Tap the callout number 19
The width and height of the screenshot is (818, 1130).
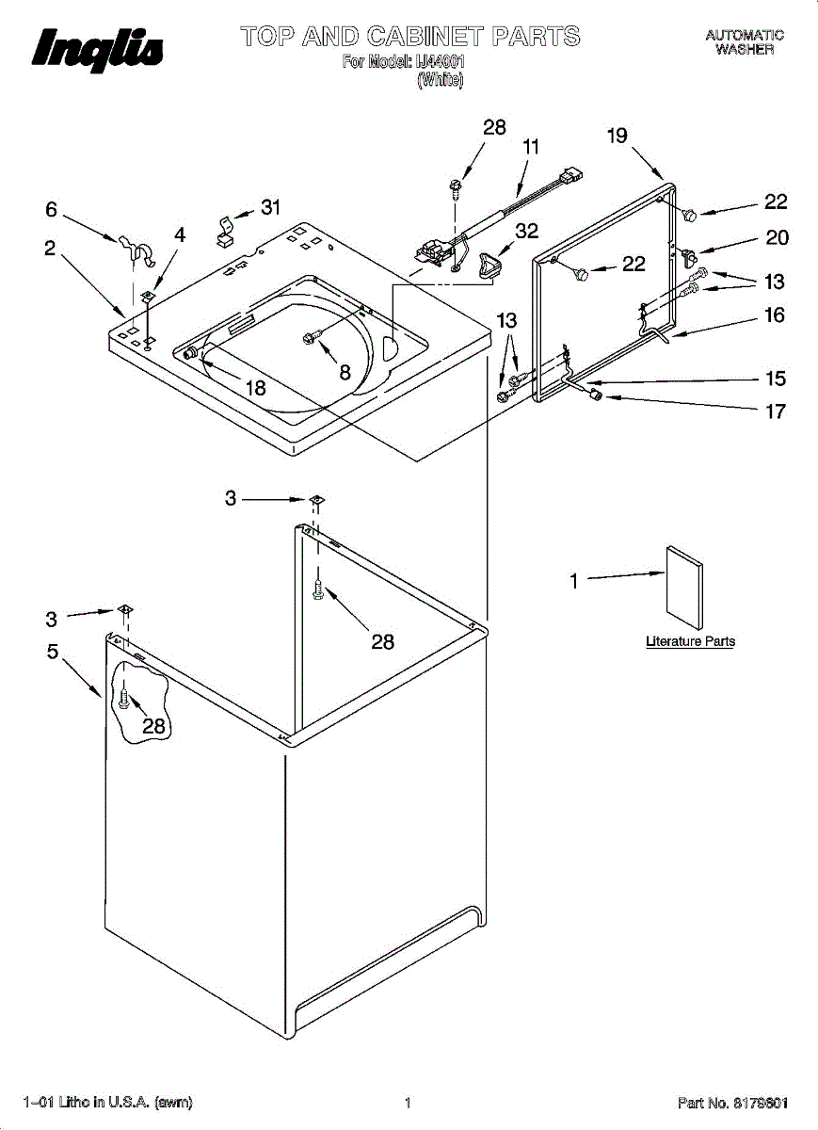[x=617, y=136]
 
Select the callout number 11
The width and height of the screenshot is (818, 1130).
[x=531, y=147]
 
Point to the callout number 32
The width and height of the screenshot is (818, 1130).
[x=527, y=232]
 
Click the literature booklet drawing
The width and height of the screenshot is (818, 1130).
[x=684, y=587]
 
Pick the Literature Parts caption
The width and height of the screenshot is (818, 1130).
[x=690, y=641]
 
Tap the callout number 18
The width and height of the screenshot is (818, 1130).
[x=255, y=387]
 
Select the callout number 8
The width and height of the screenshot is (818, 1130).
[x=345, y=373]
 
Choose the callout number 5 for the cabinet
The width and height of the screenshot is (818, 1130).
[x=53, y=650]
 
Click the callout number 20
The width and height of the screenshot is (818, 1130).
[x=777, y=237]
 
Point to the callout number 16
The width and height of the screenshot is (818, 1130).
[x=774, y=315]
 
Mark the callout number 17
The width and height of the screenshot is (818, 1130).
[x=776, y=412]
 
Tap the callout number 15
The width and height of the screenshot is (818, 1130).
[x=776, y=379]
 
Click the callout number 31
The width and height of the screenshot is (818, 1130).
[x=271, y=208]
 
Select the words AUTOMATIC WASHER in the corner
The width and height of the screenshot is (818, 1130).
[x=745, y=42]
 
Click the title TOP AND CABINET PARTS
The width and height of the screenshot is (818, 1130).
[x=410, y=38]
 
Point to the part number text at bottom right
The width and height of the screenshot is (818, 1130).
[x=732, y=1102]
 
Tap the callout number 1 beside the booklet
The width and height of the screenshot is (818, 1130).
[x=573, y=582]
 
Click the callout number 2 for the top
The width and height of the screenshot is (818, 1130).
[x=49, y=248]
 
